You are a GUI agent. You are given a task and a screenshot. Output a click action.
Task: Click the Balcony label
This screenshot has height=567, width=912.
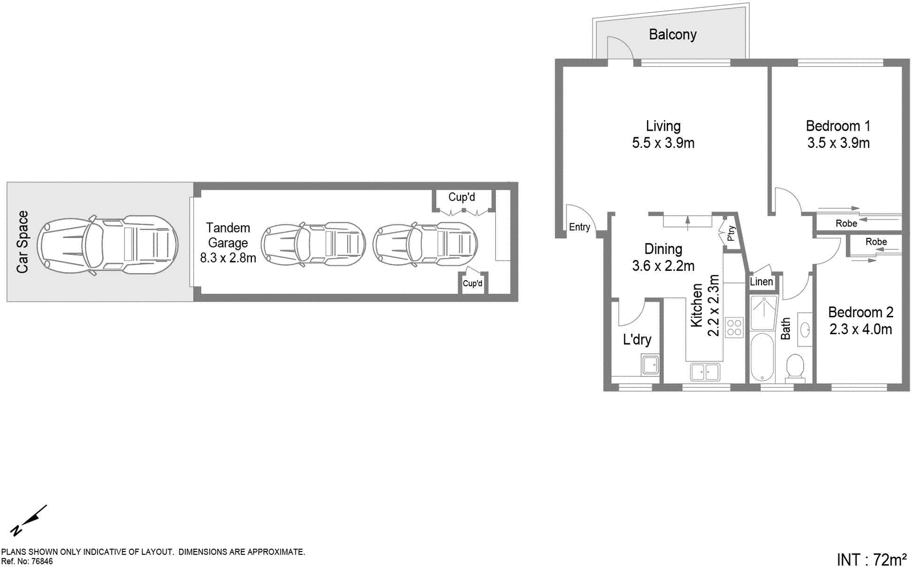[673, 35]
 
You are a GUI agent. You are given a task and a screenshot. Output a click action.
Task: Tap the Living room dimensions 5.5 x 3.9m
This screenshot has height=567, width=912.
[663, 143]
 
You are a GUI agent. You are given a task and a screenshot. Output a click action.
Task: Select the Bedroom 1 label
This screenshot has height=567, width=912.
[837, 126]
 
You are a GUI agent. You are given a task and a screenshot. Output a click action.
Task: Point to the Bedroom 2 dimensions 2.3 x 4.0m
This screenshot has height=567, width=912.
[860, 329]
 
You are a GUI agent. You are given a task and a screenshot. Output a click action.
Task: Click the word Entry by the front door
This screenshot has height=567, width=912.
[579, 227]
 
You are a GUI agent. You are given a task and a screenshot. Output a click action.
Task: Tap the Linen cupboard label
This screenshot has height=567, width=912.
[761, 282]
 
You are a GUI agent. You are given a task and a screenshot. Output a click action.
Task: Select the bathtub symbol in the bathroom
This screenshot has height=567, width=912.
[762, 357]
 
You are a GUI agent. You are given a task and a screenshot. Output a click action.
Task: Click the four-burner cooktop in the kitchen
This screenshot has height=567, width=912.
[734, 327]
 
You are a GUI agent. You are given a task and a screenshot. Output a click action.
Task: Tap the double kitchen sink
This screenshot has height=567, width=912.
[705, 372]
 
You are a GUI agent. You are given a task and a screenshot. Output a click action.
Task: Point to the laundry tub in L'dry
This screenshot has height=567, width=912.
[650, 364]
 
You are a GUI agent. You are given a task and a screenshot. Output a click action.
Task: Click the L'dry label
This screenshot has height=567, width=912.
[637, 340]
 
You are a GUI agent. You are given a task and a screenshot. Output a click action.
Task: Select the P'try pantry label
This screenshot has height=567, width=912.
[731, 233]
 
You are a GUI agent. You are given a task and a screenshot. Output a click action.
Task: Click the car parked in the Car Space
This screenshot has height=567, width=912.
[108, 244]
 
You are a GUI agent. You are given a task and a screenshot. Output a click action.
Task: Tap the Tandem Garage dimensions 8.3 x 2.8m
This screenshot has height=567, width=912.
[227, 258]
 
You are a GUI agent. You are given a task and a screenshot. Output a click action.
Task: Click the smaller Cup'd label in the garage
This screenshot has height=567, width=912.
[472, 283]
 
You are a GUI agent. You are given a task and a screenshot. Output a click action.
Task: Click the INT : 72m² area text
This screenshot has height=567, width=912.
[871, 559]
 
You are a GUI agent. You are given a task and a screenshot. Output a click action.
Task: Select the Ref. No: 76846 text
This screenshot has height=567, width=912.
[27, 561]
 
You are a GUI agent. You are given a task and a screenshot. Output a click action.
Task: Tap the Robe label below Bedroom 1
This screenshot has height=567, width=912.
[846, 224]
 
